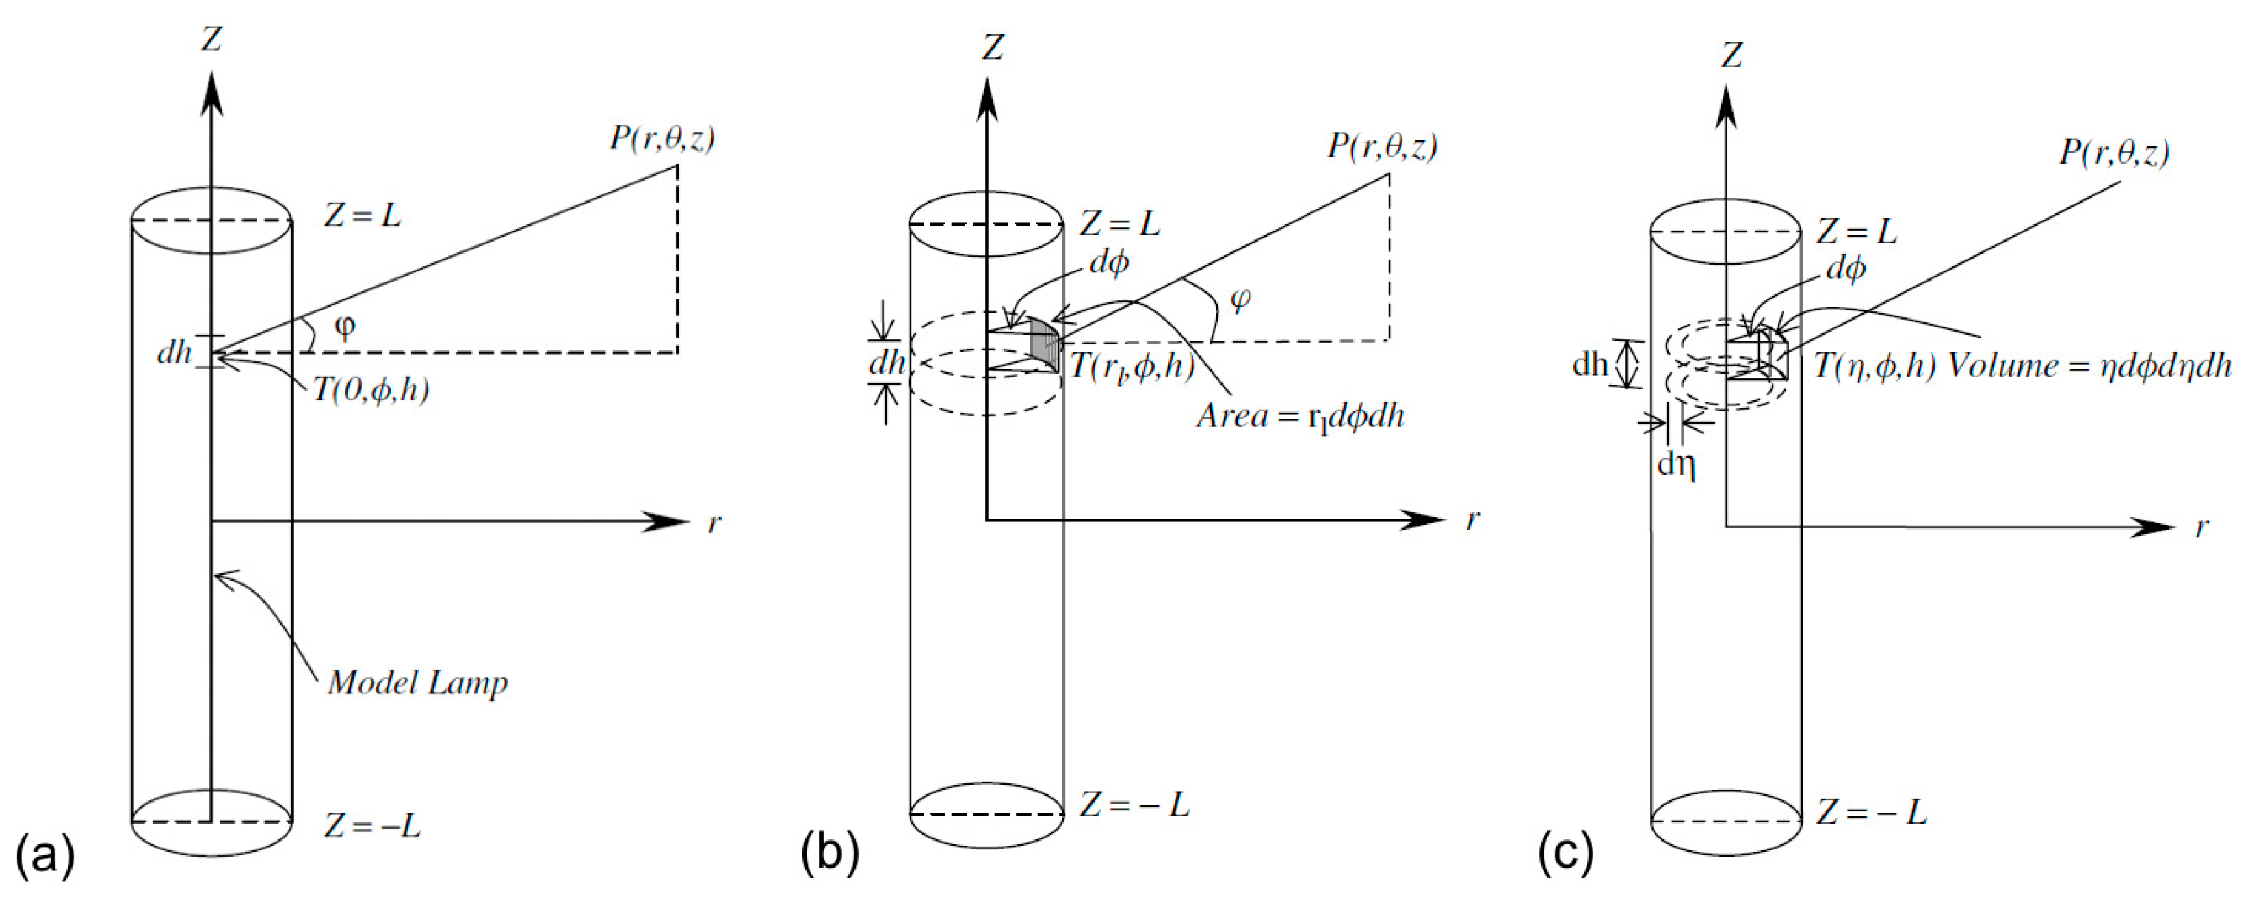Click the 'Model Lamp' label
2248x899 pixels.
point(417,683)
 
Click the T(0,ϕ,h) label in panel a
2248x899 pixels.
point(371,390)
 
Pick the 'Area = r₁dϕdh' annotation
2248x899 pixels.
point(1301,417)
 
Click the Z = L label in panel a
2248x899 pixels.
point(362,215)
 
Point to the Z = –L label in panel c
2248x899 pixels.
point(1872,813)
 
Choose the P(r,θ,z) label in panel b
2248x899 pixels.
point(1383,146)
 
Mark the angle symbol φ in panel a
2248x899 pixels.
point(345,327)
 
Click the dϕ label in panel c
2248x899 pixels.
point(1846,270)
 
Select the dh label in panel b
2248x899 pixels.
point(887,362)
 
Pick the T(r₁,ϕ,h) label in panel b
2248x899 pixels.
point(1132,366)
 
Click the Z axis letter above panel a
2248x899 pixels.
point(211,39)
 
